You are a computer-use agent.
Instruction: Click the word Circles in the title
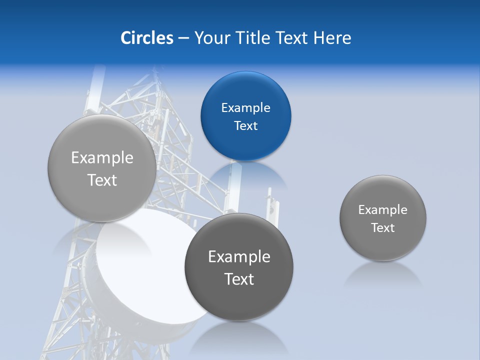(146, 38)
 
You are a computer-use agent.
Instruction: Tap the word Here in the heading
(332, 38)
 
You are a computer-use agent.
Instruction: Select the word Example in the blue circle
(245, 108)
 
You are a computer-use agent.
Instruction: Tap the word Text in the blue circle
(245, 126)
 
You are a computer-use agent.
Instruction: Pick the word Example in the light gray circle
(102, 158)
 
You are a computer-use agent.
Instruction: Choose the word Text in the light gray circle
(102, 180)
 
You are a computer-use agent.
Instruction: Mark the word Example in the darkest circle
(239, 257)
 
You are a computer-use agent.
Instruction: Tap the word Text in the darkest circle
(239, 279)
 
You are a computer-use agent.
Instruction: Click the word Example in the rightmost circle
(383, 210)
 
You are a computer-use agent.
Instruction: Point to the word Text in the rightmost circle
(383, 228)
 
